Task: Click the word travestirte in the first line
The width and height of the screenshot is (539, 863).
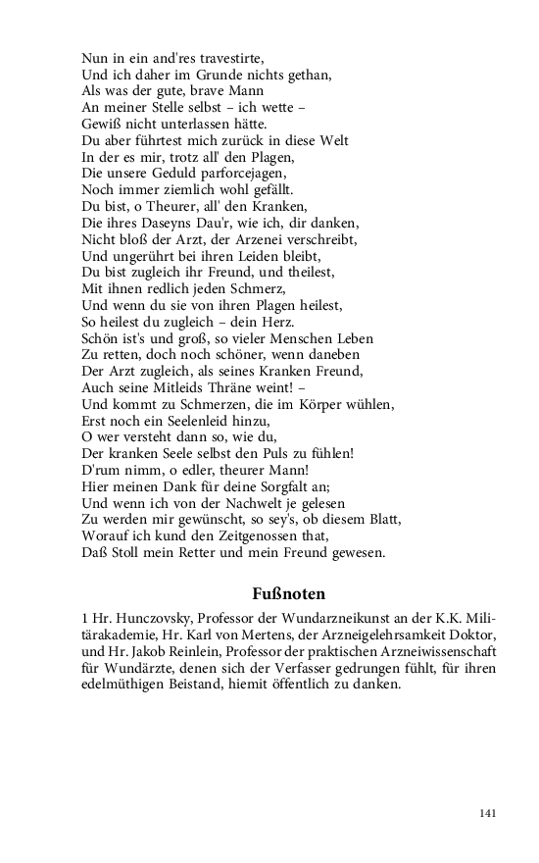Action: [221, 58]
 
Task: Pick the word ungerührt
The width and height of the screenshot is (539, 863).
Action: [145, 256]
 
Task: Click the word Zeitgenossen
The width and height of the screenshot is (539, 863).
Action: [247, 536]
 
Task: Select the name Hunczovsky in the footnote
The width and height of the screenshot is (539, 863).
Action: [154, 619]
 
